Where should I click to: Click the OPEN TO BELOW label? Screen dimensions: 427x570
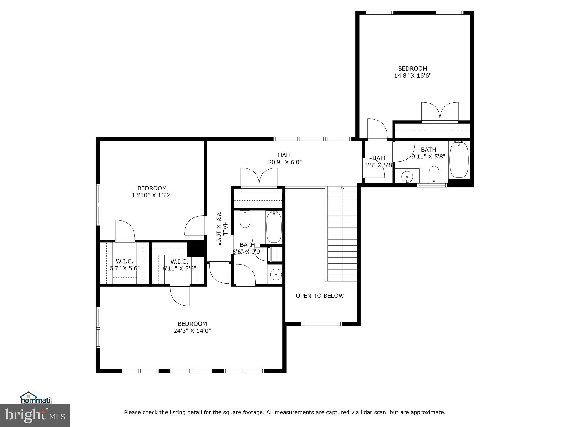click(320, 296)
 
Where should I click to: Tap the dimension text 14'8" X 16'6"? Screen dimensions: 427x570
click(412, 76)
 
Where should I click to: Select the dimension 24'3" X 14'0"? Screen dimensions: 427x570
click(192, 331)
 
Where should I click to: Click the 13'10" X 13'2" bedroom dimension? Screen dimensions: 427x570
click(152, 195)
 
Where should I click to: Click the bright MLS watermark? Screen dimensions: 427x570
click(35, 415)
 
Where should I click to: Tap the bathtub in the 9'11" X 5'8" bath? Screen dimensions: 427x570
click(459, 160)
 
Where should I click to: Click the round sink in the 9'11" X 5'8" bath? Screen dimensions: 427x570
click(407, 177)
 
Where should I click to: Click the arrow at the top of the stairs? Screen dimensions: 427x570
click(342, 188)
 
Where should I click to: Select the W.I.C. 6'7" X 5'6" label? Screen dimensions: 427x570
click(124, 265)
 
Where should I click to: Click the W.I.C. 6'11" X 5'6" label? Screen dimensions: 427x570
click(179, 265)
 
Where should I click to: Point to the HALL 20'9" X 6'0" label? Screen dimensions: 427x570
click(285, 159)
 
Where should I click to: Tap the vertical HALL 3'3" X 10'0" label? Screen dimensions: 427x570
click(222, 229)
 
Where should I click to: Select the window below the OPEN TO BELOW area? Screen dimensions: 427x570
click(322, 323)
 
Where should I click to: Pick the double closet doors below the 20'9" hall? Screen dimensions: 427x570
click(259, 177)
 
